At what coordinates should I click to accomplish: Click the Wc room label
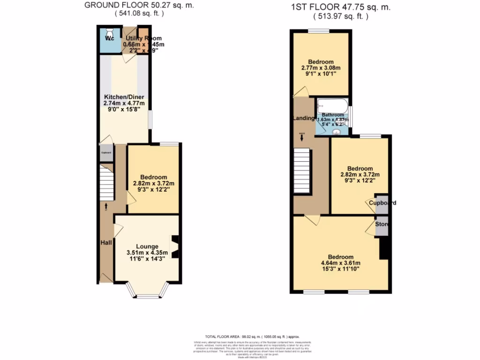pyautogui.click(x=109, y=38)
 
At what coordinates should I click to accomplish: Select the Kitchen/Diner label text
pyautogui.click(x=124, y=97)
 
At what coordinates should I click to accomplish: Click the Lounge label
pyautogui.click(x=147, y=247)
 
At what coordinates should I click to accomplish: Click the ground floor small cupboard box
pyautogui.click(x=106, y=153)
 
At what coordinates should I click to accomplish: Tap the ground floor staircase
pyautogui.click(x=105, y=183)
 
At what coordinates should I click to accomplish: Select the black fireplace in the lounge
pyautogui.click(x=175, y=247)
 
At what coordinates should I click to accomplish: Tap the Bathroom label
pyautogui.click(x=333, y=115)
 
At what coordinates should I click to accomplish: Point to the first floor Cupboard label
pyautogui.click(x=382, y=203)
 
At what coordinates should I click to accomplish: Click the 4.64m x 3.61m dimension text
pyautogui.click(x=340, y=263)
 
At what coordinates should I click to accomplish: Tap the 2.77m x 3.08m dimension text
pyautogui.click(x=321, y=68)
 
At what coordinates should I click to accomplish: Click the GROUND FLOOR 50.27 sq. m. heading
pyautogui.click(x=139, y=6)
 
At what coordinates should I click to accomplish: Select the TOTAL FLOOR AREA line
pyautogui.click(x=252, y=337)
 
